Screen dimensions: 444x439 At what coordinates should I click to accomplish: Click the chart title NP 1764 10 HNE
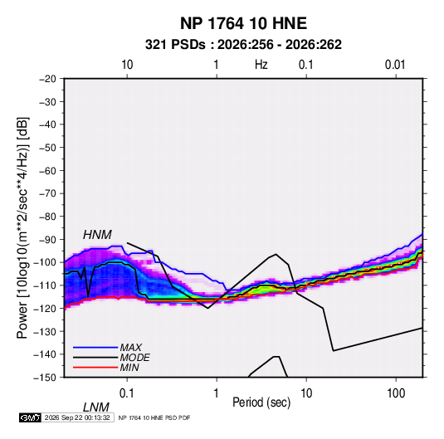click(243, 23)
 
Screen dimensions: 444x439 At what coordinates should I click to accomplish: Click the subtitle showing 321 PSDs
click(243, 45)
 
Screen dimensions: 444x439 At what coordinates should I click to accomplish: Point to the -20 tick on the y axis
click(48, 79)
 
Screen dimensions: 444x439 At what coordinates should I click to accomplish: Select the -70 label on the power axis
click(48, 193)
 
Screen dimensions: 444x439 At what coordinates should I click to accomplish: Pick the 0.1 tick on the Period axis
click(127, 393)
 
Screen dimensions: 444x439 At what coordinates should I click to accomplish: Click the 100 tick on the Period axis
click(396, 393)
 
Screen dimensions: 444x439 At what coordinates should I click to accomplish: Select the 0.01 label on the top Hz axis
click(395, 65)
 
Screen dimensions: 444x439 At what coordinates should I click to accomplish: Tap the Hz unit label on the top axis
click(261, 65)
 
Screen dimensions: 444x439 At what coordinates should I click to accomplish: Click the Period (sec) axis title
click(261, 402)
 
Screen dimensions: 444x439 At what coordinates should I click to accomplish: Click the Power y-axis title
click(22, 227)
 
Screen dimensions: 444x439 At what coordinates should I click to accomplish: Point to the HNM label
click(97, 235)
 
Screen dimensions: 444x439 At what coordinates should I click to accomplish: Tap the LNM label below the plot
click(95, 407)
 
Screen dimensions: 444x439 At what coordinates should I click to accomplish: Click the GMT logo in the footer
click(31, 417)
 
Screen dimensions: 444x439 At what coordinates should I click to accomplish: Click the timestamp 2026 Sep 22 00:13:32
click(77, 417)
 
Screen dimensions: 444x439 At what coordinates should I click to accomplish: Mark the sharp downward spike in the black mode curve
click(88, 296)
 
